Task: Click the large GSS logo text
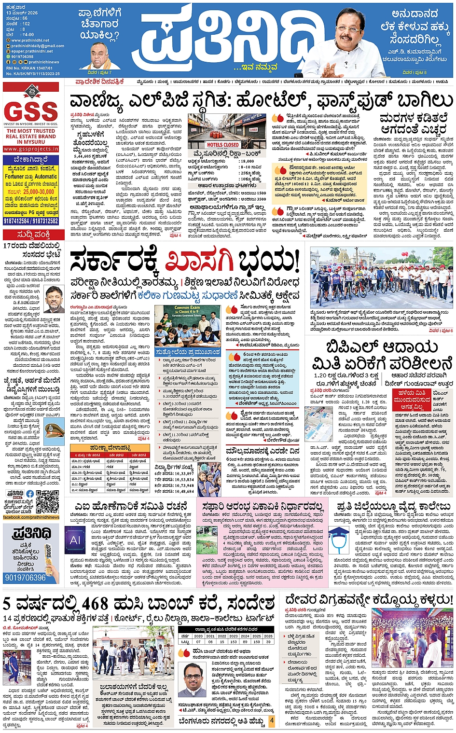(x=31, y=112)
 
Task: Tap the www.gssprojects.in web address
(x=31, y=149)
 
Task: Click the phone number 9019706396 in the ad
(x=25, y=578)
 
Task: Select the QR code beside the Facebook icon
(x=47, y=501)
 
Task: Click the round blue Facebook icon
(x=30, y=494)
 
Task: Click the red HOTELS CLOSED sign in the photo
(x=222, y=145)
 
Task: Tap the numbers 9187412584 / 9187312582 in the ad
(x=31, y=221)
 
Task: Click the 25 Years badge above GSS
(x=32, y=90)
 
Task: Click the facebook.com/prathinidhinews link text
(x=31, y=517)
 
